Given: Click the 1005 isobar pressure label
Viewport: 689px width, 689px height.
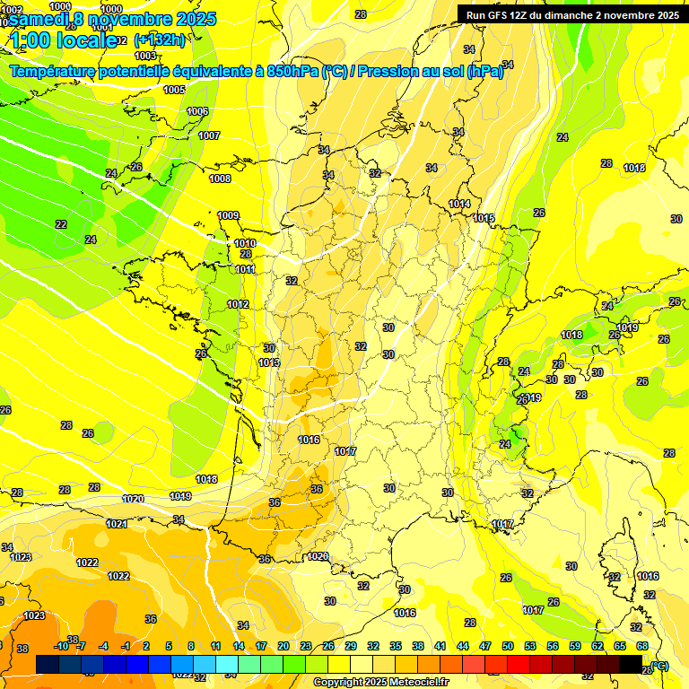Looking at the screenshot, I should [x=174, y=90].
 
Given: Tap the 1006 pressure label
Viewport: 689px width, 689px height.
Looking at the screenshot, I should [x=197, y=111].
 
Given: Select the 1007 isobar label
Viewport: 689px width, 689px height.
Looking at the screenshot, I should [x=209, y=135].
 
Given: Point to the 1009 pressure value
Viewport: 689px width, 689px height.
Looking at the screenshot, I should [x=228, y=215].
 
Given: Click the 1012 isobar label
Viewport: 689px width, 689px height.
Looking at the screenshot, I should [x=238, y=304].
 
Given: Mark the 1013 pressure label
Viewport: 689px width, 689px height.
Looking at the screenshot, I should [x=268, y=362].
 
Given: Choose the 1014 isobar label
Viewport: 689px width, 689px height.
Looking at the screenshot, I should [x=459, y=204].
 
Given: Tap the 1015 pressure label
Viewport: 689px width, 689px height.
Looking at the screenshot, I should [x=484, y=218].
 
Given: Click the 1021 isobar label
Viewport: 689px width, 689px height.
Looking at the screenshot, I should [x=117, y=524].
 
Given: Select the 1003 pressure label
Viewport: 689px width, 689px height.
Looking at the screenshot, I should [x=145, y=56].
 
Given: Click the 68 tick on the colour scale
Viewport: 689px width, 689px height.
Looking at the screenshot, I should [x=642, y=646].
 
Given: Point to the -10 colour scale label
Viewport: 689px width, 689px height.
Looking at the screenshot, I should [x=61, y=646].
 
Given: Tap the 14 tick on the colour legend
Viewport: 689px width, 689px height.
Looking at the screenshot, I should [x=239, y=646].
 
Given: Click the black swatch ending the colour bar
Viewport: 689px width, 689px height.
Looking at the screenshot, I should [x=631, y=664].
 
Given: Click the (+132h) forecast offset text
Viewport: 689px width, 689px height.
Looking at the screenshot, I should [x=160, y=40].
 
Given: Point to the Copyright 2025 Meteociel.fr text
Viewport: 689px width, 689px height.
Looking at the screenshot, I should [x=380, y=682].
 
